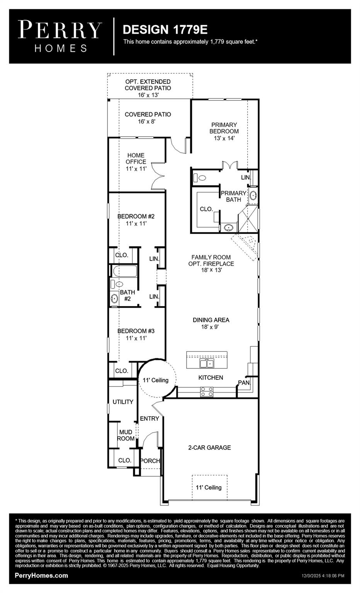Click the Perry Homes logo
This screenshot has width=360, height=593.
pos(60,36)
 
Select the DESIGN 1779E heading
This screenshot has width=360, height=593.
pos(165,29)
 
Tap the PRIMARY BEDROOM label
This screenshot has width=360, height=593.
pos(224,131)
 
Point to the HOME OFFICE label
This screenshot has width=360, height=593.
pos(136,162)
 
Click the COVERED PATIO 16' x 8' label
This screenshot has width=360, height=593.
pos(148,118)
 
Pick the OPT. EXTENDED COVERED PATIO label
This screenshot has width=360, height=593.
pos(148,88)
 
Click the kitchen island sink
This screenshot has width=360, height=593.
pos(207,363)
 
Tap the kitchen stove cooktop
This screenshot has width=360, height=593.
pos(207,391)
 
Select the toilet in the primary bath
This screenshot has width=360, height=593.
pos(200,178)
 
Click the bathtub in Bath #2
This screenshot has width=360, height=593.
pos(124,271)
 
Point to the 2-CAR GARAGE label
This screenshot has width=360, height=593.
pos(209,448)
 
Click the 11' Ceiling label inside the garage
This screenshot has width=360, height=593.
pos(209,488)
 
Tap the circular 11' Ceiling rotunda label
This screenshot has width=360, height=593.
pos(156,380)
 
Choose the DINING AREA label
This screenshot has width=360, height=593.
pos(211,323)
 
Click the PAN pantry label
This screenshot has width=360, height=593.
pos(244,383)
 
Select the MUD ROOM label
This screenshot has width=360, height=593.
pos(126,435)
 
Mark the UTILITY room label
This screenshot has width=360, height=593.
pos(123,402)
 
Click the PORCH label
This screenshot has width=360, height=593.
pos(150,461)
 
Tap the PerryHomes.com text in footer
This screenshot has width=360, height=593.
pos(41,576)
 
